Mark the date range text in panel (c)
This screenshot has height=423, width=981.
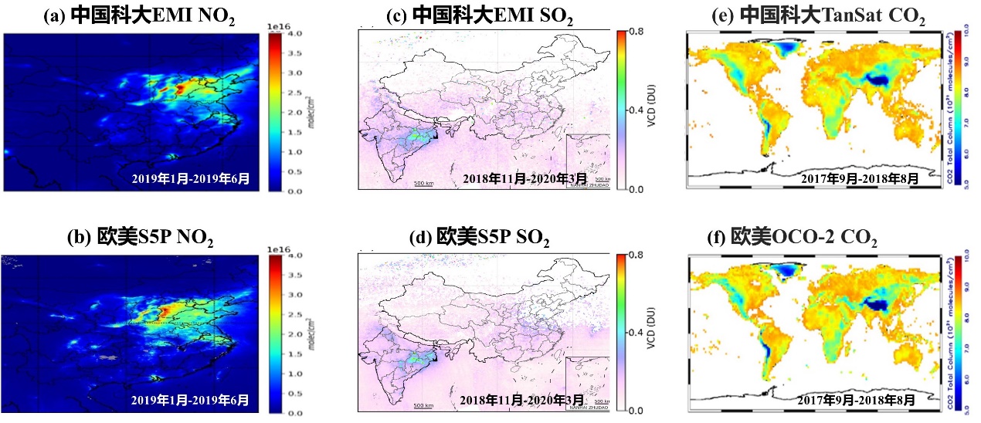coord(514,179)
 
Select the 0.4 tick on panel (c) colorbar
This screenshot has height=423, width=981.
coord(635,110)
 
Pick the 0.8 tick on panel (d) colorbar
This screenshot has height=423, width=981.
coord(635,254)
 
